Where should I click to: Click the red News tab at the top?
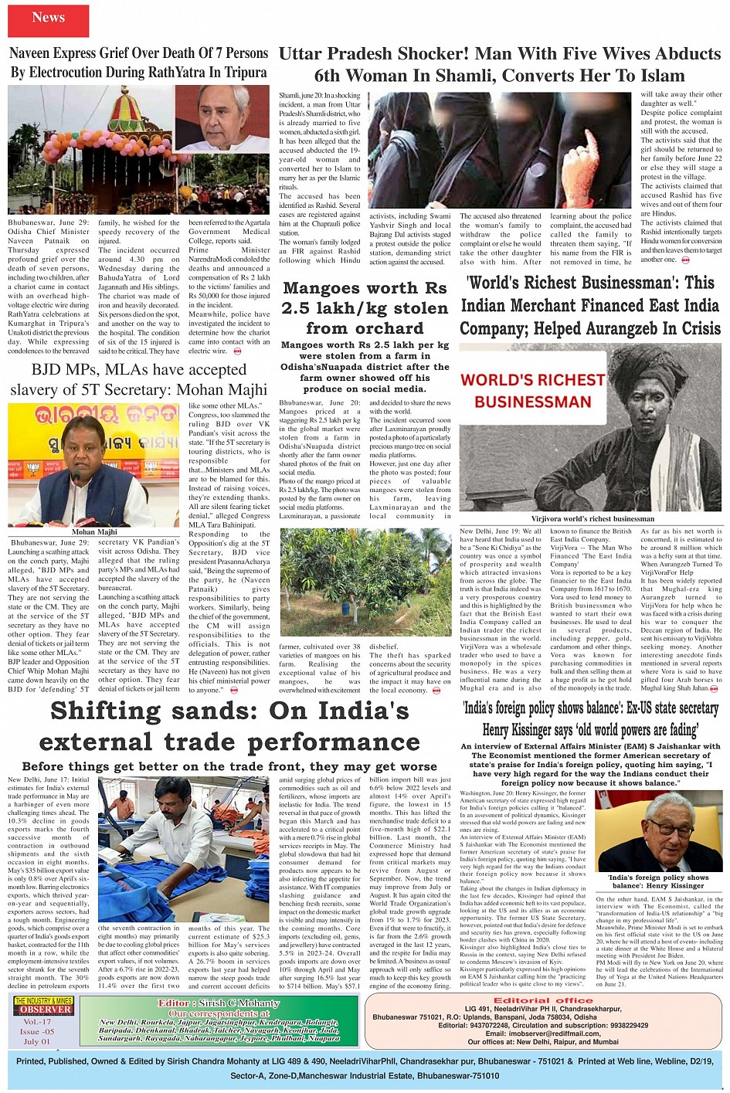pos(49,18)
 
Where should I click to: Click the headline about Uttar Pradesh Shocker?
pos(499,65)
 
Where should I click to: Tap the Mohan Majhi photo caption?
pos(94,531)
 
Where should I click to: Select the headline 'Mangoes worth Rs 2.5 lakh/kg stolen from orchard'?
pos(365,308)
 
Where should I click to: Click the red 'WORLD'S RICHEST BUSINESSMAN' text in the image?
pos(533,391)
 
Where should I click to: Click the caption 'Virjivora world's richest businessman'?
pos(592,519)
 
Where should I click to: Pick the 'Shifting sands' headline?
pos(229,726)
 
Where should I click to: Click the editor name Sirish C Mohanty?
pos(219,1003)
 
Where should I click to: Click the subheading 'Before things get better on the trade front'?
pos(229,766)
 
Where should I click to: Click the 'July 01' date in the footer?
pos(36,1041)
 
